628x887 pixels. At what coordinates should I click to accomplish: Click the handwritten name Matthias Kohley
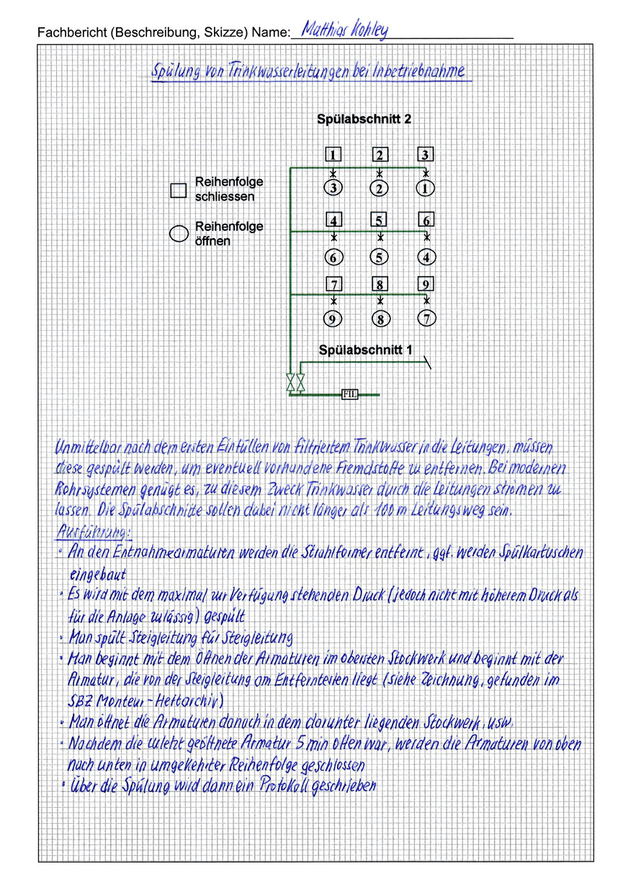344,29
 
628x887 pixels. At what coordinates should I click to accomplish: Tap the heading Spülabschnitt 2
364,119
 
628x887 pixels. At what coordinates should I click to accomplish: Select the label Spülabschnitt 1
366,350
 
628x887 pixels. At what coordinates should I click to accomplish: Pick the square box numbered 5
380,221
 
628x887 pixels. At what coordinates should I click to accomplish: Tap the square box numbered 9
426,283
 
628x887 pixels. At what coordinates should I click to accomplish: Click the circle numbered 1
426,188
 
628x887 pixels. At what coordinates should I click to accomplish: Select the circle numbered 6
333,257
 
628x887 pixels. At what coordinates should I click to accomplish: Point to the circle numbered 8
380,319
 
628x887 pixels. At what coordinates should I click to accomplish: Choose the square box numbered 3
426,155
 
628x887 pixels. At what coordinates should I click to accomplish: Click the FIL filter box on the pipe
349,394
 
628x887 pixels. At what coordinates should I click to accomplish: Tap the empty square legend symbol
178,190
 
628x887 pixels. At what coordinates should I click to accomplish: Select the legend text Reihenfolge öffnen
229,234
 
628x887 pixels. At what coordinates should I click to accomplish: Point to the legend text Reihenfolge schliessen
229,189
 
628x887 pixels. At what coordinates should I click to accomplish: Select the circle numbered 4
426,257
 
